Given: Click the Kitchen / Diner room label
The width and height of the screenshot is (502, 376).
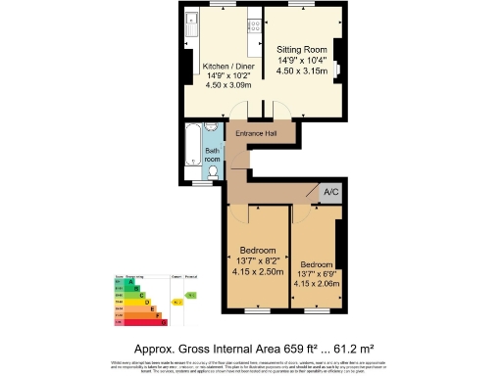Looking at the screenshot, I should tap(226, 68).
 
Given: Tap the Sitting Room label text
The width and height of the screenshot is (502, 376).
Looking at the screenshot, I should tap(302, 48).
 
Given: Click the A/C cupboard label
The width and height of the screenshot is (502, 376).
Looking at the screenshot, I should tap(330, 193).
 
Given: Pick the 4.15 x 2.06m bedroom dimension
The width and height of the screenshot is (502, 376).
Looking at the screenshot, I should tap(316, 284).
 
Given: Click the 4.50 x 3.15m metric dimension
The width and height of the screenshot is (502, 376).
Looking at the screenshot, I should tap(302, 70).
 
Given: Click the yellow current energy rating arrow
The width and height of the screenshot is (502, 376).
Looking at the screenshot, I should tap(178, 303).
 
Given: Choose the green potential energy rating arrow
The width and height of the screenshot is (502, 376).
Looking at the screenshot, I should tap(192, 294).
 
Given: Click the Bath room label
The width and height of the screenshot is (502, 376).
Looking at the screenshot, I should tap(212, 154).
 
